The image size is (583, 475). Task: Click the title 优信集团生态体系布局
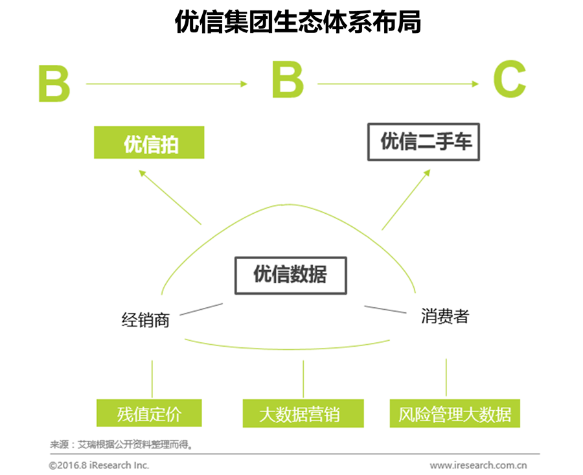point(298,21)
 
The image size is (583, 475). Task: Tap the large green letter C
point(509,82)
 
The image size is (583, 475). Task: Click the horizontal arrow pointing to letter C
point(397,84)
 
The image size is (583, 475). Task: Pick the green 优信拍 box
point(149,143)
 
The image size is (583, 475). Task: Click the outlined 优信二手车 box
point(424,143)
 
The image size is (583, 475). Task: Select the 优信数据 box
point(290,275)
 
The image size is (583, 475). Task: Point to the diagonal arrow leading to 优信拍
point(170,196)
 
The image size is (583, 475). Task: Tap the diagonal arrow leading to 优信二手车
point(406,200)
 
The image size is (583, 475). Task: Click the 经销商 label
point(145,319)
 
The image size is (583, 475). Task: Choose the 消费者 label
point(444,316)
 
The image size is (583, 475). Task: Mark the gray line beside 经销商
point(201,309)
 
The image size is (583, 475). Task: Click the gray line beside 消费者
point(385,309)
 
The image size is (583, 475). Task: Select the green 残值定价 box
point(149,413)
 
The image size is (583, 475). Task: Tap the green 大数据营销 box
point(303,413)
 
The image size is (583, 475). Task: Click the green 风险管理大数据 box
point(455,413)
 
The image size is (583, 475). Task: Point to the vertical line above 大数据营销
point(303,378)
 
